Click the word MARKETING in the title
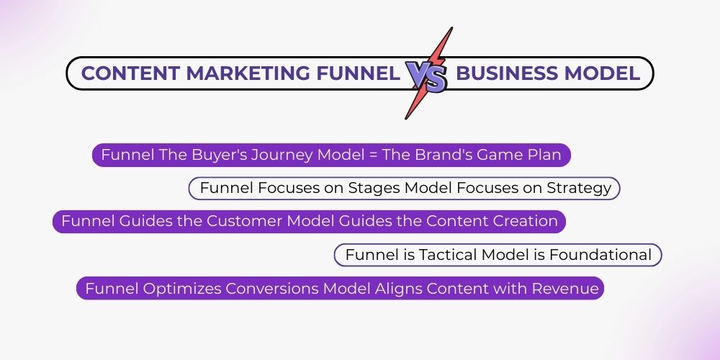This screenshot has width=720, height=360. tap(241, 73)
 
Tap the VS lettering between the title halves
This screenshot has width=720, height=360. tap(426, 76)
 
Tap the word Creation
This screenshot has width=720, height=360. tap(525, 221)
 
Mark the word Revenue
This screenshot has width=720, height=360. tap(565, 289)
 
